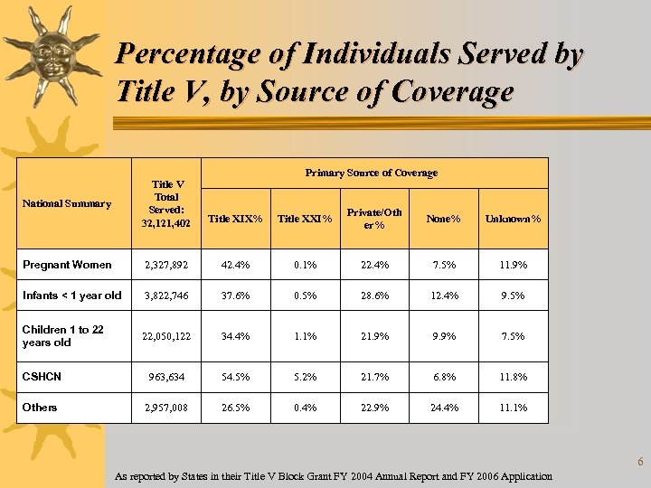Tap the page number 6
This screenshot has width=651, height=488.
640,463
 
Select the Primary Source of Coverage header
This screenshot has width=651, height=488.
372,173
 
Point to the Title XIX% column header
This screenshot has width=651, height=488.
235,219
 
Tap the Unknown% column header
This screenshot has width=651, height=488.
513,219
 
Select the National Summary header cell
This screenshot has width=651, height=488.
66,203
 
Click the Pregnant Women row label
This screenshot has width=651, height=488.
67,265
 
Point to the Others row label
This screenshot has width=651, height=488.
40,408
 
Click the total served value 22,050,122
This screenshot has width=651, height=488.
165,336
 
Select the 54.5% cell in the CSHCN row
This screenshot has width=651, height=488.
235,377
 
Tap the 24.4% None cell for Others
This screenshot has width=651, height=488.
443,408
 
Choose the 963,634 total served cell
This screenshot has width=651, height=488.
165,377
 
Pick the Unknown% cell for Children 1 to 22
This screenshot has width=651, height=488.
513,336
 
